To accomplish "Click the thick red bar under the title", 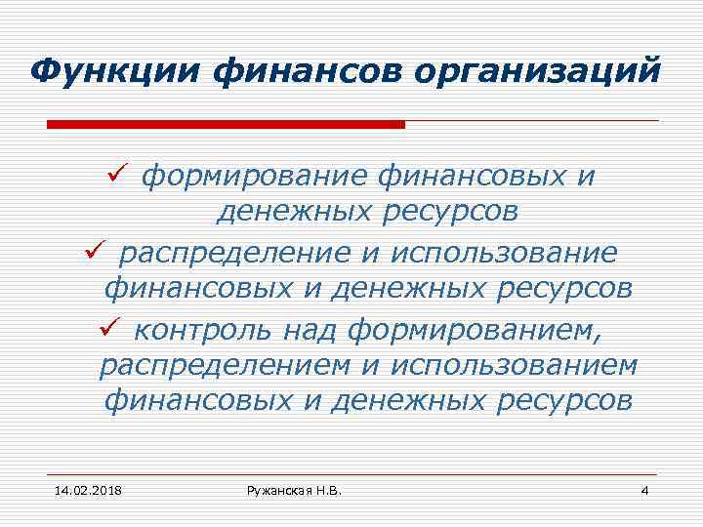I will pos(226,125).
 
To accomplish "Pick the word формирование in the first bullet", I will pos(256,177).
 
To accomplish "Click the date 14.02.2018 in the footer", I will pos(81,489).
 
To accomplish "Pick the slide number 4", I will pos(643,489).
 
